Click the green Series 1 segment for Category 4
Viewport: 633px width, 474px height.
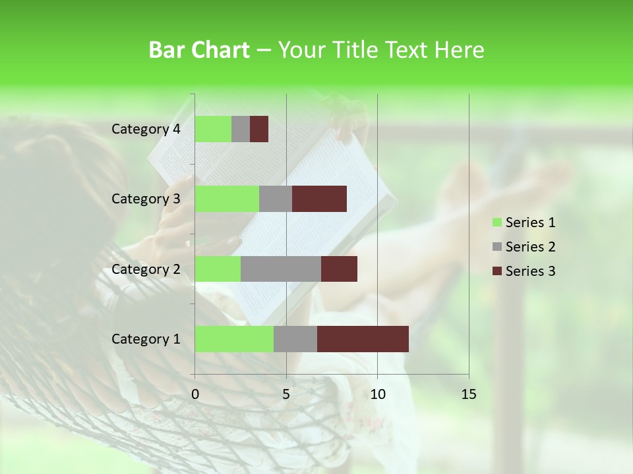(213, 129)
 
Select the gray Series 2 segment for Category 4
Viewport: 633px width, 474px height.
(241, 129)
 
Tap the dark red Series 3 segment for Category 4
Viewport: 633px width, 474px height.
(259, 129)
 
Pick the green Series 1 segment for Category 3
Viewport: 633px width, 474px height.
(227, 199)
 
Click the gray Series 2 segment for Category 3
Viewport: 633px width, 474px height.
(276, 199)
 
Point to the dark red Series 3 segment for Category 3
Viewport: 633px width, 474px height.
(319, 199)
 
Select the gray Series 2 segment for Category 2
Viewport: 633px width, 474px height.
(281, 269)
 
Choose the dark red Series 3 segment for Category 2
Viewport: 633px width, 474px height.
(339, 269)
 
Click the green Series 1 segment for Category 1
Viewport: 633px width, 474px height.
(234, 339)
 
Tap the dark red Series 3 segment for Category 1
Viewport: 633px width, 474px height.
(363, 339)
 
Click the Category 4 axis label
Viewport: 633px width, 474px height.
(146, 129)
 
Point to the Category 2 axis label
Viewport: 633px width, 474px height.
(146, 269)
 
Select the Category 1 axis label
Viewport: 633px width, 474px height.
(146, 339)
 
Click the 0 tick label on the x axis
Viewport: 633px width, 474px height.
(195, 394)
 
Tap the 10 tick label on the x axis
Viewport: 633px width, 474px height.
(377, 394)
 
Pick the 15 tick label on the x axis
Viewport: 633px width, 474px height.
(469, 394)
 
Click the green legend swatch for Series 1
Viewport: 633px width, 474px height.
(497, 223)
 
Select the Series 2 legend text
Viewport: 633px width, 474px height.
(530, 247)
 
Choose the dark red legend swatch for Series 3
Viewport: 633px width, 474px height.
(497, 271)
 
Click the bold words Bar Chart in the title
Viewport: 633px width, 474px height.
(199, 50)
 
